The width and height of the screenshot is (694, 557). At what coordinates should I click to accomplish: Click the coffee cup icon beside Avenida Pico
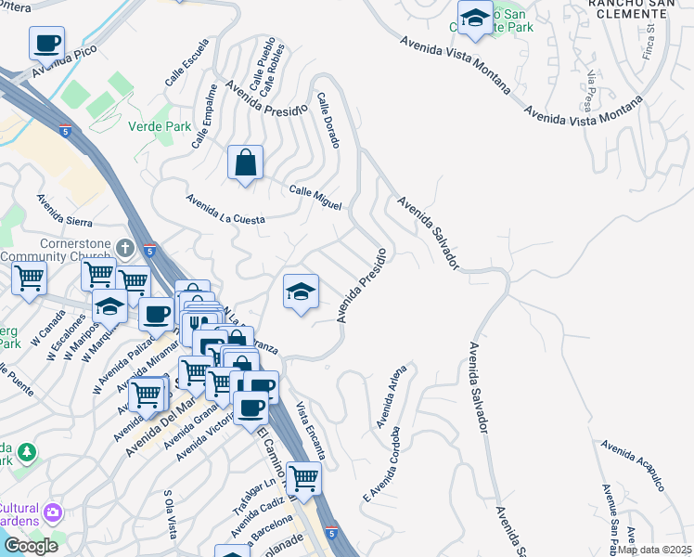46,43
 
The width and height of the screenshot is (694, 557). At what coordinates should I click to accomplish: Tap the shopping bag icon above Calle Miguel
245,163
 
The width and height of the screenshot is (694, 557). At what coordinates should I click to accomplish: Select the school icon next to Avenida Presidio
301,292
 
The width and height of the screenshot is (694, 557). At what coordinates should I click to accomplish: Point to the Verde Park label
152,127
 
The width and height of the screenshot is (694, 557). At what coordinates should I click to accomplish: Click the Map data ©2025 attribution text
654,550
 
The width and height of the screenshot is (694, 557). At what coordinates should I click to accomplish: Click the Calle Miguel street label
315,197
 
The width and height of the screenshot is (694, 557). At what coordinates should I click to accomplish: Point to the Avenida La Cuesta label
225,208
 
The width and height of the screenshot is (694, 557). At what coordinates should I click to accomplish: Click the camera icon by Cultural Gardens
54,512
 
